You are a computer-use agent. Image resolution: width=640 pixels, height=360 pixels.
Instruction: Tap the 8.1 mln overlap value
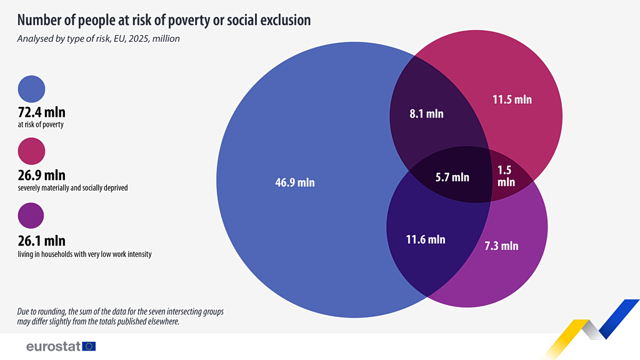point(426,114)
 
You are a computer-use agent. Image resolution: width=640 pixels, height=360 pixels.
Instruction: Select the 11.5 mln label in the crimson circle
point(512,99)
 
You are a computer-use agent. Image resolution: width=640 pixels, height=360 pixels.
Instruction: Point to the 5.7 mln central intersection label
point(452,177)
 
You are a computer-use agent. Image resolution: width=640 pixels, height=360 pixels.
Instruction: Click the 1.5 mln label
point(506,176)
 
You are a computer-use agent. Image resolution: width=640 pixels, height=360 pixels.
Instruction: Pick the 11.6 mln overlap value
point(426,239)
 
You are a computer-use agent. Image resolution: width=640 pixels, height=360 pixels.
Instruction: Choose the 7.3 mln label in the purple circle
point(501,246)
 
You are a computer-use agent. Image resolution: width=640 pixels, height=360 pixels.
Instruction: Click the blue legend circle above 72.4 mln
point(32,89)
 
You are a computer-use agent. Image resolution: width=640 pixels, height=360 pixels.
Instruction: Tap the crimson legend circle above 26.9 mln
point(32,152)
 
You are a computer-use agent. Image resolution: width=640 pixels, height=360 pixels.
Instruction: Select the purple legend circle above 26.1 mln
point(32,216)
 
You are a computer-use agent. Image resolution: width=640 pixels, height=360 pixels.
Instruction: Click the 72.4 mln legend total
point(41,112)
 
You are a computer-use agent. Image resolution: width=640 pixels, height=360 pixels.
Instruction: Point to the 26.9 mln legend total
point(41,175)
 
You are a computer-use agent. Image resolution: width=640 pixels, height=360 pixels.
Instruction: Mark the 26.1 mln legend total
point(41,241)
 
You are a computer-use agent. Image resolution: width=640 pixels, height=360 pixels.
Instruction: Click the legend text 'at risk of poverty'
point(41,125)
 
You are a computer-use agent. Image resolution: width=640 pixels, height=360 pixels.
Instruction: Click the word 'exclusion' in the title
point(279,20)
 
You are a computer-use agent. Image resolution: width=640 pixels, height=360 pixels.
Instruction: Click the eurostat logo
point(61,346)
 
